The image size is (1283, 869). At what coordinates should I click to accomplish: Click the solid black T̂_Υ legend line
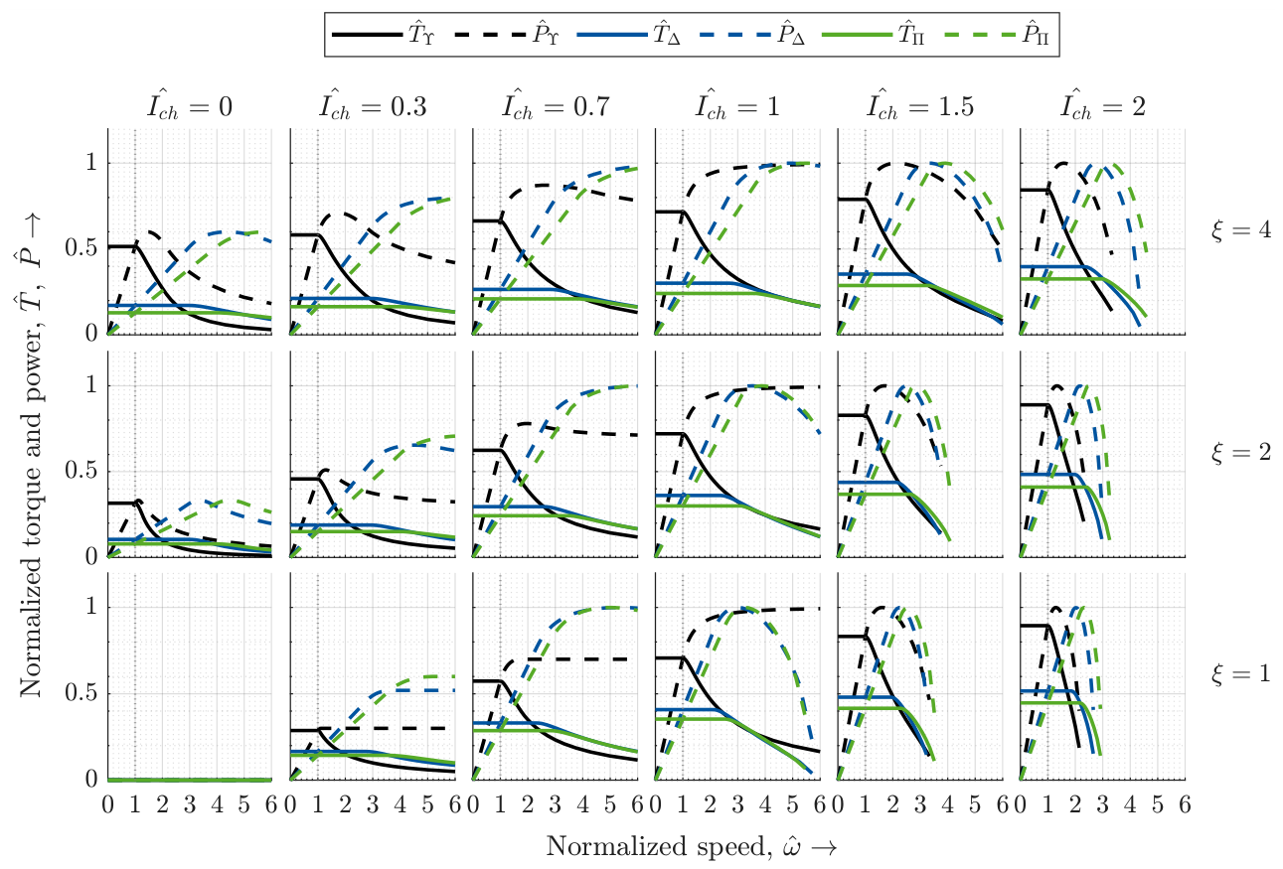tap(367, 35)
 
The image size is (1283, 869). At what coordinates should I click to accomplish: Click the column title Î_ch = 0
tap(190, 105)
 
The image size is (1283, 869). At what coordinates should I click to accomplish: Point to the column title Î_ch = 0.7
tap(555, 105)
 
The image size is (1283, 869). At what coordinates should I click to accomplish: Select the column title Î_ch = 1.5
tap(920, 105)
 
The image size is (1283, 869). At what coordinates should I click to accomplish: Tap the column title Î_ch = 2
tap(1102, 105)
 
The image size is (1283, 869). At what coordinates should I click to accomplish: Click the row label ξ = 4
tap(1240, 230)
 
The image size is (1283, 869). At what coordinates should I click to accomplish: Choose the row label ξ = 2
tap(1240, 452)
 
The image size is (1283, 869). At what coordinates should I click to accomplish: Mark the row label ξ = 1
tap(1240, 673)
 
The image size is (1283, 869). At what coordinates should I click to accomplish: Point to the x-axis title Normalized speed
tap(658, 846)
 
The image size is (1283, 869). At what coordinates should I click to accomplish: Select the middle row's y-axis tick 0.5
tap(81, 471)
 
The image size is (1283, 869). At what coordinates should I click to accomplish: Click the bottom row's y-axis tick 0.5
tap(81, 693)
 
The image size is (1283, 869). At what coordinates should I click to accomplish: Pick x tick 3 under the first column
tap(190, 804)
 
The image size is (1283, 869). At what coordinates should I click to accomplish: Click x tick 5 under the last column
tap(1158, 804)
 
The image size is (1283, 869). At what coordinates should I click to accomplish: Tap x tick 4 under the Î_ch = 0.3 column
tap(400, 804)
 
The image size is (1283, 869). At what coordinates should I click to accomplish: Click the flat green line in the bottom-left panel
tap(190, 780)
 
